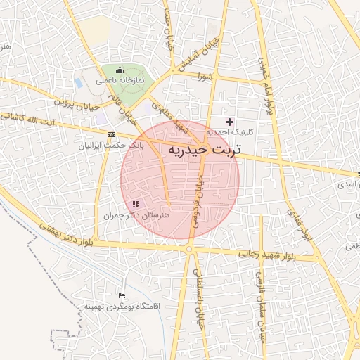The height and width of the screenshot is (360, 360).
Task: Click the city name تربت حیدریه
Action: [x=205, y=150]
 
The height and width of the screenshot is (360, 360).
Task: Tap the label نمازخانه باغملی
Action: [x=120, y=80]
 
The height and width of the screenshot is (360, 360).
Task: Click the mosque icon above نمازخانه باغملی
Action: [x=120, y=70]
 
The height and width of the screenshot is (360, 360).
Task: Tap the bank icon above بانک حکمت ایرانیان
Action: [x=111, y=134]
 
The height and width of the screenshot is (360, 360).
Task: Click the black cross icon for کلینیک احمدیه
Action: [x=229, y=122]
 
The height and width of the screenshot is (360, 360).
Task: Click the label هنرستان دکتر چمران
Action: [x=136, y=215]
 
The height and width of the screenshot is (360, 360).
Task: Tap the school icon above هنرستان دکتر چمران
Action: [x=136, y=204]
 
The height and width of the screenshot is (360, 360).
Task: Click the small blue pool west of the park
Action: [x=79, y=82]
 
